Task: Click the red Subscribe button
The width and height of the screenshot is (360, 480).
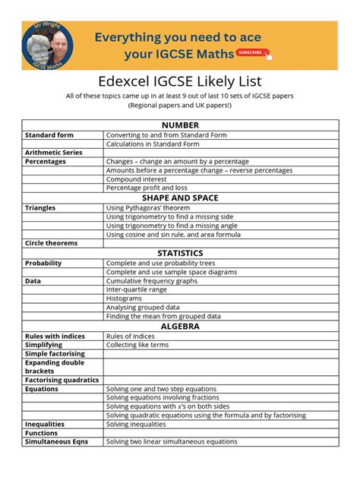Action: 251,52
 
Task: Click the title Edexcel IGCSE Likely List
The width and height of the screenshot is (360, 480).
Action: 180,81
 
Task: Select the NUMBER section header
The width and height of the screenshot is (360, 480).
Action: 180,125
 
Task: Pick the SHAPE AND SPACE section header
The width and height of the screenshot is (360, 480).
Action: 180,197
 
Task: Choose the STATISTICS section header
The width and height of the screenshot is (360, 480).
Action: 180,253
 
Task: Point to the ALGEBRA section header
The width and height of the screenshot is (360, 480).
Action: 180,326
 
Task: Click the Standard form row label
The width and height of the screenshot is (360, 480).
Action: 49,135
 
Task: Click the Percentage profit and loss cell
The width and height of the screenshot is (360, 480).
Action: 147,188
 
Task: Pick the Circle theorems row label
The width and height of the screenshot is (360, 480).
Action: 51,243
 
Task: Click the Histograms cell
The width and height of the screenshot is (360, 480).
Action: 124,298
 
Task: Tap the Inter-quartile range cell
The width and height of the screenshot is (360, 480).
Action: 136,289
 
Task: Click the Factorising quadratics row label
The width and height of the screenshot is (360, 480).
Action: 62,380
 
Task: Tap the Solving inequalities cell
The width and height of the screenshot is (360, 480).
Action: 136,424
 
